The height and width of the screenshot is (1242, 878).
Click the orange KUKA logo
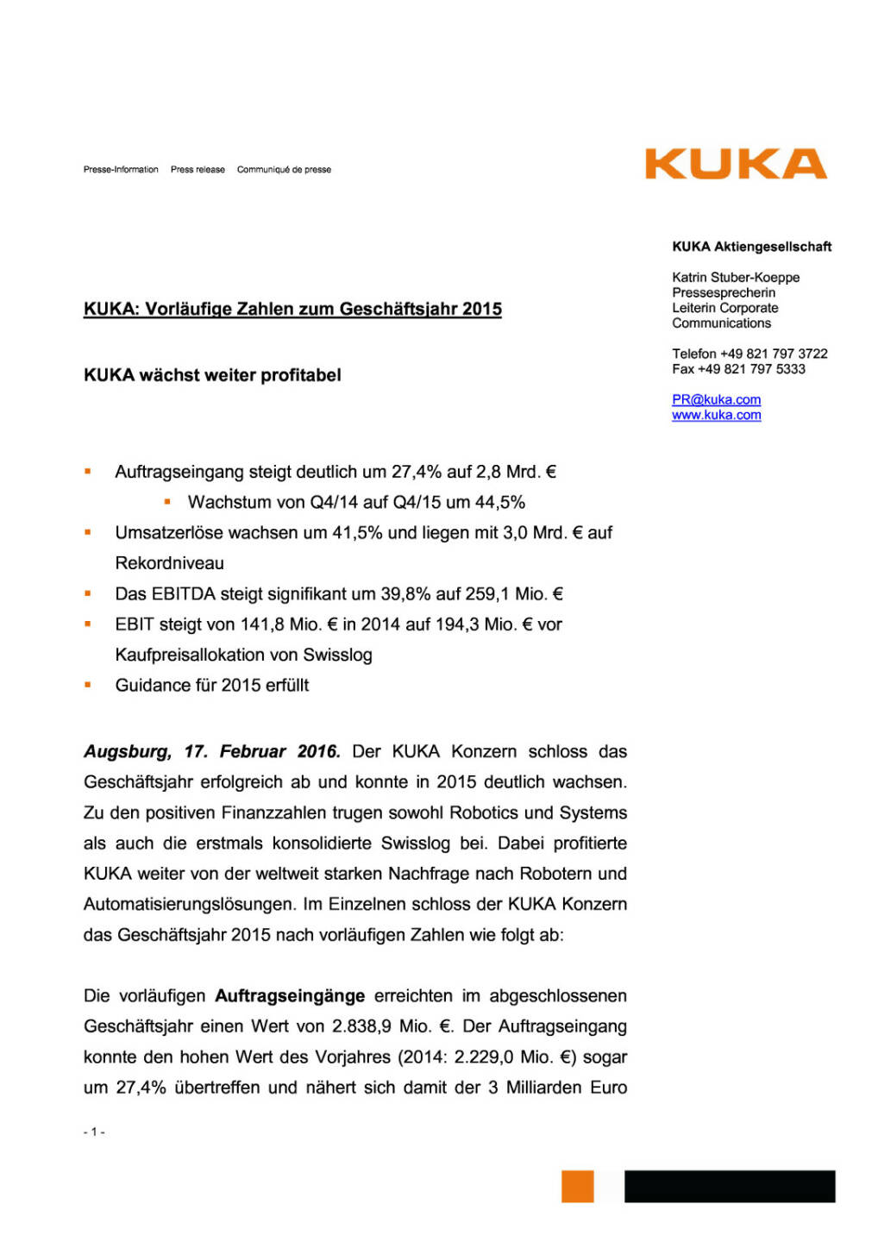click(735, 164)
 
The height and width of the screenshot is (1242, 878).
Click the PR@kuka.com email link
click(716, 399)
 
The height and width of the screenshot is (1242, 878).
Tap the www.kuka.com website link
click(716, 415)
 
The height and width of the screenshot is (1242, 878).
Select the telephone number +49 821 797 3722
click(774, 354)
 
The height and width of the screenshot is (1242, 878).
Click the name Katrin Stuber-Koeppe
click(736, 277)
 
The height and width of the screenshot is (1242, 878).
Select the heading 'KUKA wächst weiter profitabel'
click(212, 375)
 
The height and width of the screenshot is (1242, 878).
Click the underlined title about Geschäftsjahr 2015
click(292, 309)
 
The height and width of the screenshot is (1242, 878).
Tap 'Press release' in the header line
click(198, 170)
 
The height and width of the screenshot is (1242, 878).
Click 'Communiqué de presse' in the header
click(284, 170)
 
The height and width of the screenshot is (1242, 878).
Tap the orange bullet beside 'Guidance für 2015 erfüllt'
click(88, 685)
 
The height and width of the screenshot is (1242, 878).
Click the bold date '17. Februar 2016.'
click(262, 751)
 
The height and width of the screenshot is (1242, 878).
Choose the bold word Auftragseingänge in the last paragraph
click(290, 996)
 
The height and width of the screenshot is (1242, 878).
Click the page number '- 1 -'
click(94, 1132)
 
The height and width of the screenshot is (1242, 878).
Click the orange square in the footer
click(577, 1186)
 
